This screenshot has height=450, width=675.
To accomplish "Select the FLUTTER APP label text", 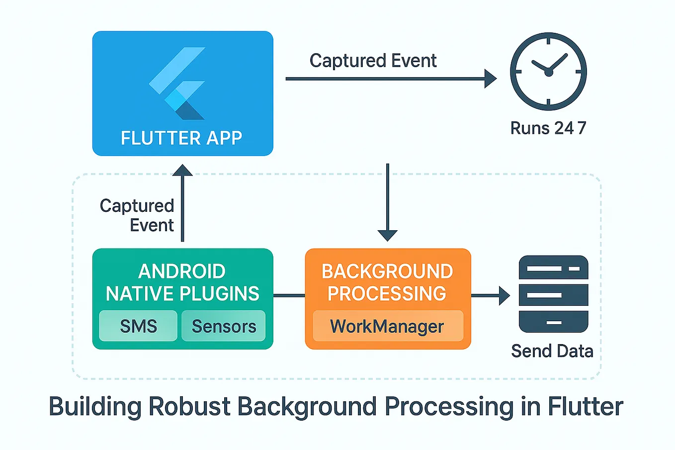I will point(181,138).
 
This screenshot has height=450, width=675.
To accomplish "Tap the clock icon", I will point(548,72).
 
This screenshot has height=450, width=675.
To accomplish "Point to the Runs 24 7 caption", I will point(548,128).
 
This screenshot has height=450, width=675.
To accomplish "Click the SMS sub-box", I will point(138,326).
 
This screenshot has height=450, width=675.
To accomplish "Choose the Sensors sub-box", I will point(224,326).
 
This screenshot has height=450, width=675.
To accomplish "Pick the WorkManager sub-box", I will point(387,326).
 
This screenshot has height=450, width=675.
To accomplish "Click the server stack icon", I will point(553,294).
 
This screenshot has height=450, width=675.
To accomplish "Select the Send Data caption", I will point(552,351).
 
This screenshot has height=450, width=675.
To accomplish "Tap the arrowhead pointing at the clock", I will point(490,79).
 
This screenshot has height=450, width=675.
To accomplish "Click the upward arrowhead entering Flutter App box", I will point(182,171).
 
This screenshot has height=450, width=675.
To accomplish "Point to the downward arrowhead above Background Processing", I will point(387,235).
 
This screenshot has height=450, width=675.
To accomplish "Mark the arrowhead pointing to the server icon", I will point(504,295).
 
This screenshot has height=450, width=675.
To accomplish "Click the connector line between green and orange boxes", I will point(289,295).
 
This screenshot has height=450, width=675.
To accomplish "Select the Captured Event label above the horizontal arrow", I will point(373,61).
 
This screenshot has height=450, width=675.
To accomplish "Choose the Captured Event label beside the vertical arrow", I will point(137,215).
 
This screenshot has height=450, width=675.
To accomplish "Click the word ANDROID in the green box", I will point(182,271).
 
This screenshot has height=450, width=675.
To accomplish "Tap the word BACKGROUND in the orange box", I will point(387,271).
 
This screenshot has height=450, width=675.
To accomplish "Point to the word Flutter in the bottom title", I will point(585,407).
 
